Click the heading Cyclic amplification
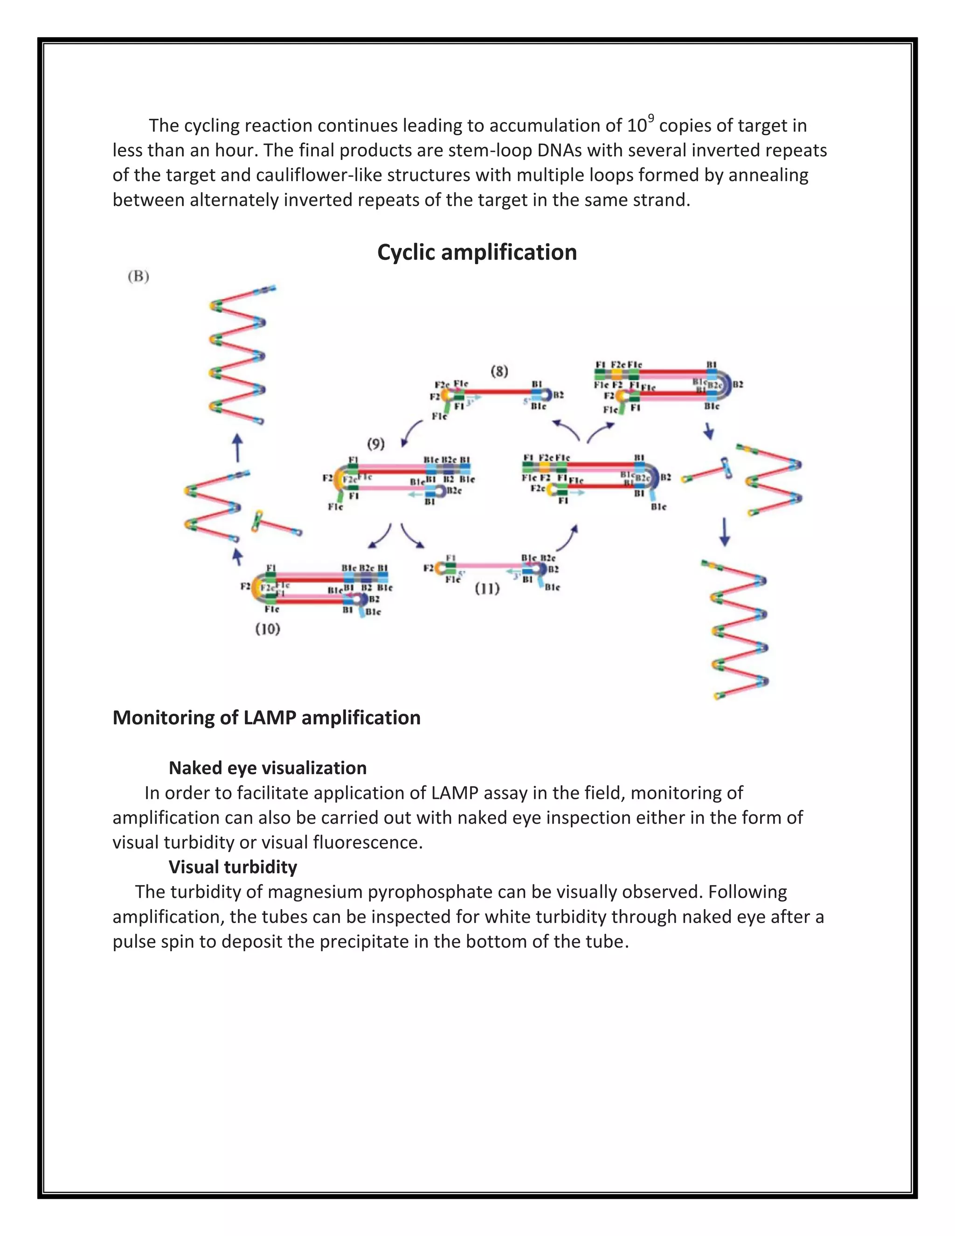tap(477, 252)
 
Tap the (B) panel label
tap(138, 277)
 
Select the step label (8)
tap(499, 371)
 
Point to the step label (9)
tap(376, 444)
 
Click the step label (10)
tap(268, 629)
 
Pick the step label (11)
tap(486, 589)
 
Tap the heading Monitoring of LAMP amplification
tap(266, 718)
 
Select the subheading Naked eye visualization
tap(268, 768)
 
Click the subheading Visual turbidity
tap(233, 867)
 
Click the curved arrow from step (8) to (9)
tap(411, 432)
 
